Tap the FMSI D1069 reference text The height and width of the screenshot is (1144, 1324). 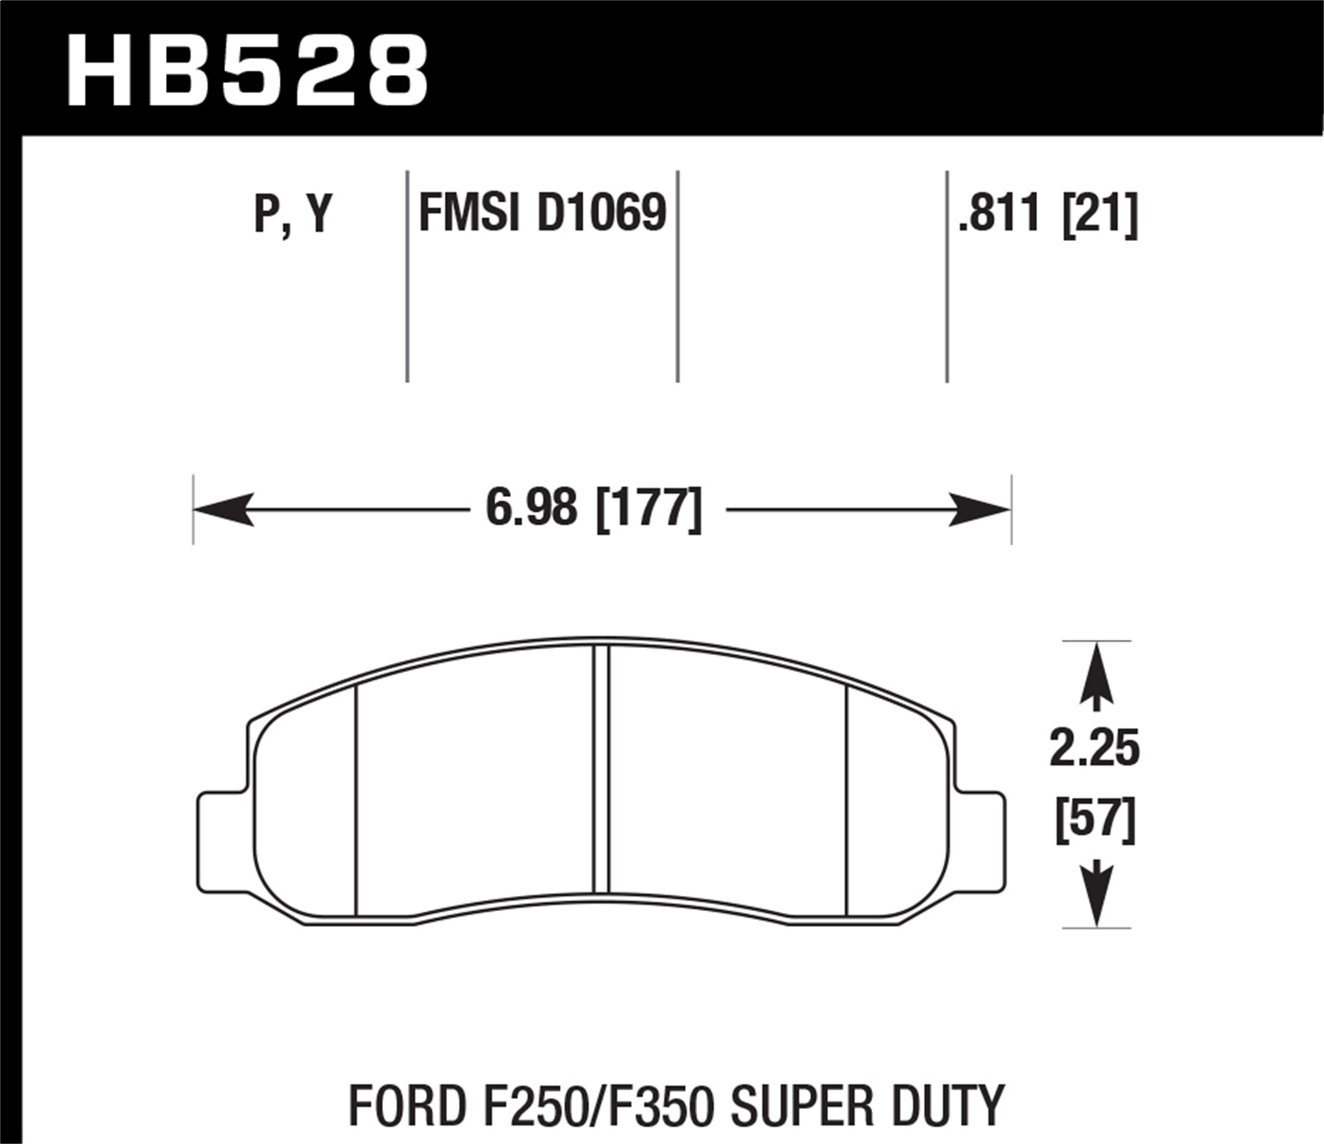point(542,214)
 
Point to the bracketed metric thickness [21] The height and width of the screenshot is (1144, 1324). point(1101,214)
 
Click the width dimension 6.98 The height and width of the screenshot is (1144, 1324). point(531,509)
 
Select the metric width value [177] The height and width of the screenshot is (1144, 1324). point(650,509)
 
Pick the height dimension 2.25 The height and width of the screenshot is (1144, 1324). point(1095,749)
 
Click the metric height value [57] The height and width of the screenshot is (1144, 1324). point(1095,820)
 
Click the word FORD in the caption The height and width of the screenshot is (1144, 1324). point(397,1104)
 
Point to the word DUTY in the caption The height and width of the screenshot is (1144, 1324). point(955,1104)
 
